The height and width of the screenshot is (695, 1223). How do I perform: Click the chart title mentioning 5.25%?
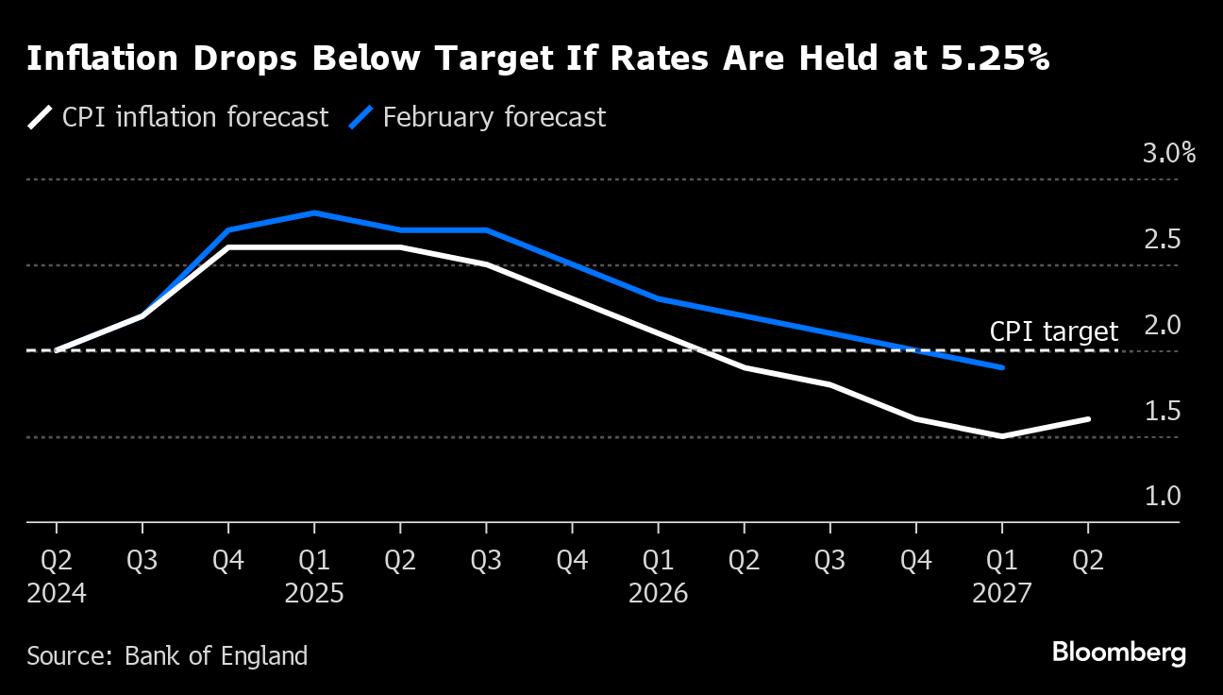(538, 59)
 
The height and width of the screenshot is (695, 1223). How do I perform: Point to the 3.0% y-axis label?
(1168, 153)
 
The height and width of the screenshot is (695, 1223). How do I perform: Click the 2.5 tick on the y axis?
(1163, 240)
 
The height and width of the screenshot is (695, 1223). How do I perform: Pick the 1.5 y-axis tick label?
(1163, 412)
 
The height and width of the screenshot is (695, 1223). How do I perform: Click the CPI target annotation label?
(1053, 331)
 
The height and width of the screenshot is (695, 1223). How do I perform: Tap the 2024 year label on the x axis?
(57, 594)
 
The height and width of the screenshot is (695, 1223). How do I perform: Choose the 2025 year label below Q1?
(314, 594)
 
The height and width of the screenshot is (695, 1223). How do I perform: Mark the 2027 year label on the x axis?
(1001, 594)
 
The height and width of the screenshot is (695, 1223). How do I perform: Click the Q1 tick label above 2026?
(658, 560)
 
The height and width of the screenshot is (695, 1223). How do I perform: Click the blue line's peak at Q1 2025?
(314, 213)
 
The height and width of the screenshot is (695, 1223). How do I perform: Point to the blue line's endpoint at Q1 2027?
(1001, 367)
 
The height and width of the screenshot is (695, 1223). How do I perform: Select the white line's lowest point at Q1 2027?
(1001, 436)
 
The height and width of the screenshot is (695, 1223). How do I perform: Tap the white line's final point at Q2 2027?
(1088, 419)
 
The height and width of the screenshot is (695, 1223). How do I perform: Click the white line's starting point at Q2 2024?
(57, 350)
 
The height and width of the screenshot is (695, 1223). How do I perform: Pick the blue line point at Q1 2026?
(658, 298)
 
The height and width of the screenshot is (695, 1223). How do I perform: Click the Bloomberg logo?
(1118, 653)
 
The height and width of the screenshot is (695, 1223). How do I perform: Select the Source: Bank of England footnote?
(167, 655)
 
